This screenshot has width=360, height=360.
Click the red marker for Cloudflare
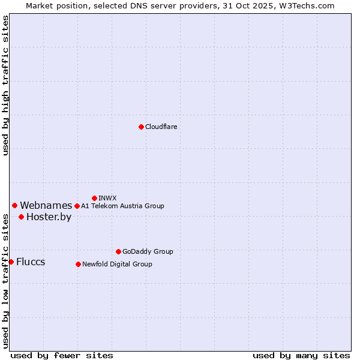click(x=141, y=127)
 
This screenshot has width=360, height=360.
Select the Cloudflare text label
click(x=161, y=127)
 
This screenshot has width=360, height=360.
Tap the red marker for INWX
click(x=94, y=198)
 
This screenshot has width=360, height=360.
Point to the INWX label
click(x=107, y=198)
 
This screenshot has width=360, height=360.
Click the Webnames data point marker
click(x=14, y=205)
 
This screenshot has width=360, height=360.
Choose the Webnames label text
click(x=46, y=206)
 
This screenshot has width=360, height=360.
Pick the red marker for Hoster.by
click(x=21, y=217)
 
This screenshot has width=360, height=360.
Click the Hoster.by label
click(x=49, y=217)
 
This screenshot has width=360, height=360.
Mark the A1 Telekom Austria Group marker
click(x=77, y=206)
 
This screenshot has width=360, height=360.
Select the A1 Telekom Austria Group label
click(x=122, y=206)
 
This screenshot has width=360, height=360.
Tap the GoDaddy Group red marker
click(x=118, y=251)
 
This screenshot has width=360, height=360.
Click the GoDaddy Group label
click(x=148, y=251)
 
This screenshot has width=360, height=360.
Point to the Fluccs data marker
click(x=11, y=262)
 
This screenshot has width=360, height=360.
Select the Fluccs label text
click(x=31, y=262)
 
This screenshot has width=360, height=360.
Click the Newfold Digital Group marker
click(x=78, y=264)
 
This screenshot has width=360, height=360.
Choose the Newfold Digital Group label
click(x=117, y=264)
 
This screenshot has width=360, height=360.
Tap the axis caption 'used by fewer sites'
click(x=62, y=355)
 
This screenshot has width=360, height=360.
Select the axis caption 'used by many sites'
click(x=301, y=355)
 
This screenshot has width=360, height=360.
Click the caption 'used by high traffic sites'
click(x=6, y=85)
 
